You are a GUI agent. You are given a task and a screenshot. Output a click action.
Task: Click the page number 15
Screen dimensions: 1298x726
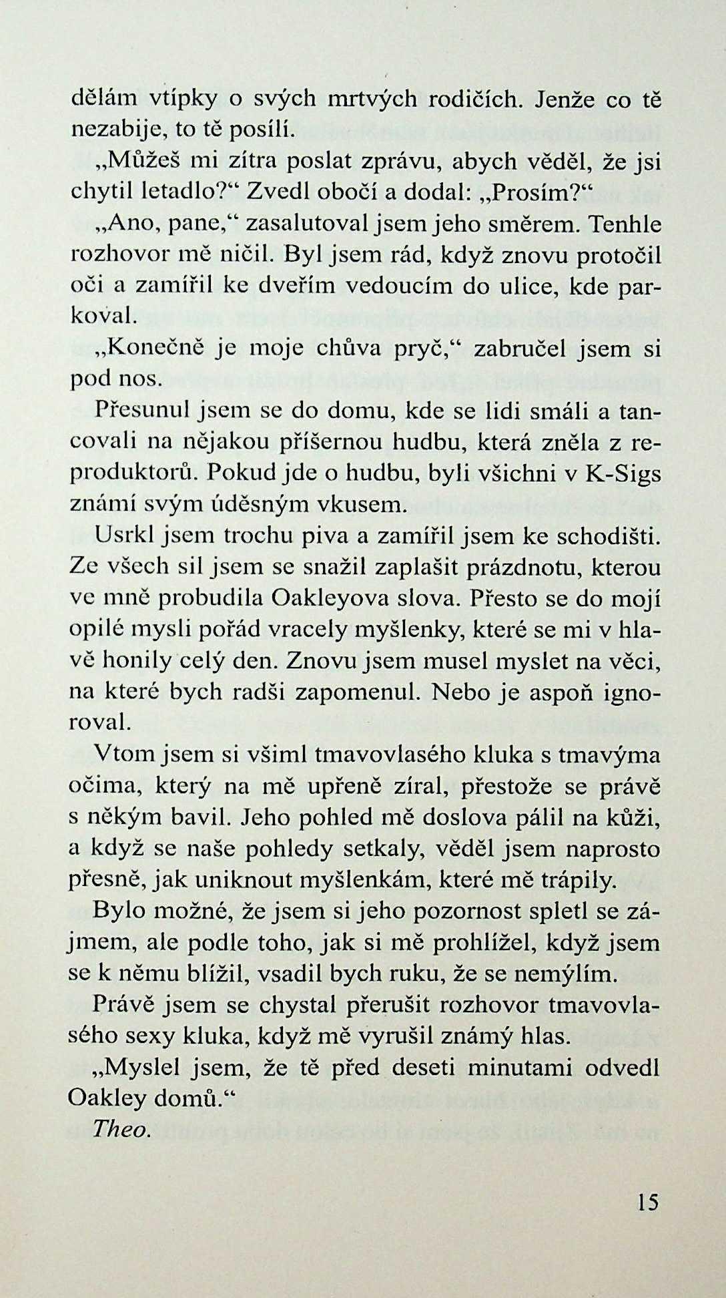(x=647, y=1203)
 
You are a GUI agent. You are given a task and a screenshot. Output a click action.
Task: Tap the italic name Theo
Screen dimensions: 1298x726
(x=119, y=1128)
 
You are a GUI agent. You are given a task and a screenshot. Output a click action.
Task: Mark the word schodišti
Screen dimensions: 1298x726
(x=609, y=535)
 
